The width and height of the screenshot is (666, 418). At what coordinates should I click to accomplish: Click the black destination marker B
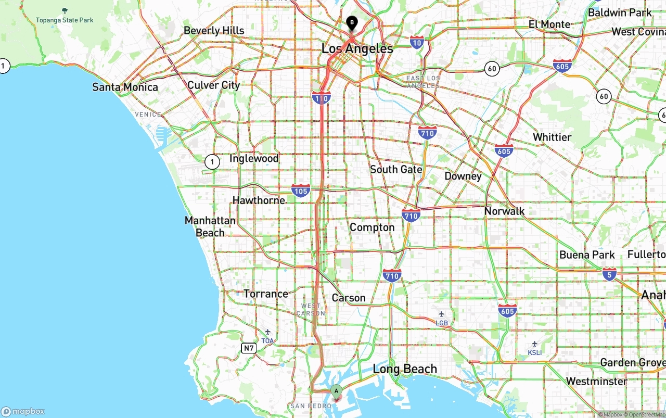coord(352,23)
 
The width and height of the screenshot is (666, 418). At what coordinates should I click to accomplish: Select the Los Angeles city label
coord(357,49)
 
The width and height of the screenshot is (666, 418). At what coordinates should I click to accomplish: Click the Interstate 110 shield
coord(322,97)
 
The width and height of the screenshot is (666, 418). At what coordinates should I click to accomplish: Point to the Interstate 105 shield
coord(301,191)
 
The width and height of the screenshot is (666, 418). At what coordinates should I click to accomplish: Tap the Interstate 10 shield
coord(417,42)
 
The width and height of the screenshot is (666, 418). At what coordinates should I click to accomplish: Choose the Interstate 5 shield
coord(610,274)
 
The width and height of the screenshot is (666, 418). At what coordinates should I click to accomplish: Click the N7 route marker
coord(249,348)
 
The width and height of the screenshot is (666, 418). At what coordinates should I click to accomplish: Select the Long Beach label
coord(405,369)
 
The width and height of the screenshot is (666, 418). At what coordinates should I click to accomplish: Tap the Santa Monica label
coord(125,87)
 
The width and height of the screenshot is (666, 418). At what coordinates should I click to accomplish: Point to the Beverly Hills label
coord(214,31)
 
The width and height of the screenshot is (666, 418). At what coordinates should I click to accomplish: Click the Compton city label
coord(372,227)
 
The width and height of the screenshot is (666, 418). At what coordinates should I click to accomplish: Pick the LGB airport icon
coord(442,314)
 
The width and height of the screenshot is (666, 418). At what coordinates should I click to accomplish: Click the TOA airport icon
coord(267,332)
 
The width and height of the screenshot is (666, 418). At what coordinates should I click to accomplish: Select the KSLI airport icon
coord(534,344)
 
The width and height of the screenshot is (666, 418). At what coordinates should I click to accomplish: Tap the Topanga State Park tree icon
coord(65,10)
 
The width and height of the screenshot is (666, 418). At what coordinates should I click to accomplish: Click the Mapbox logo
coord(23,411)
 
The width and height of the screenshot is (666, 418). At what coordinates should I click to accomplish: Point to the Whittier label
coord(552,137)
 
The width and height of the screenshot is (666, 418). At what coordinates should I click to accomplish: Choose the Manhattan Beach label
coord(210,226)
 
